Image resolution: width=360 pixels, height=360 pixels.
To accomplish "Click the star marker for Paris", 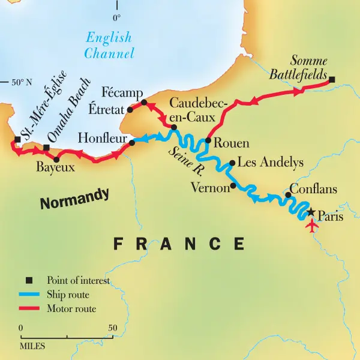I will click(311, 213).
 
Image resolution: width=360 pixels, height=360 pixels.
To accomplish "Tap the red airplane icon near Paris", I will click(311, 227).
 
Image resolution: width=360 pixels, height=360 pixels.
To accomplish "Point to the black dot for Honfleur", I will click(132, 143).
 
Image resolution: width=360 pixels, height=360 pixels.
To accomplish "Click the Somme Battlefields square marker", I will click(332, 79).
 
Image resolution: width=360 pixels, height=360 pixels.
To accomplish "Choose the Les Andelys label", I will click(271, 163).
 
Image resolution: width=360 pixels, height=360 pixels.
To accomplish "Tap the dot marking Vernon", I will click(233, 185).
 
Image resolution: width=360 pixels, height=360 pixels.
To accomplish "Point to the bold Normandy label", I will click(75, 199).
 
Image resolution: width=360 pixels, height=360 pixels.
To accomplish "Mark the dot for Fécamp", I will click(143, 102).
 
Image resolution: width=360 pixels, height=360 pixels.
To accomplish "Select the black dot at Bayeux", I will click(56, 160).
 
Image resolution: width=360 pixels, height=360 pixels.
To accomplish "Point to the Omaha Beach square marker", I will click(46, 148).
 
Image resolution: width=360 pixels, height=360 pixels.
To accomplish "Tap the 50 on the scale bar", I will click(112, 328).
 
